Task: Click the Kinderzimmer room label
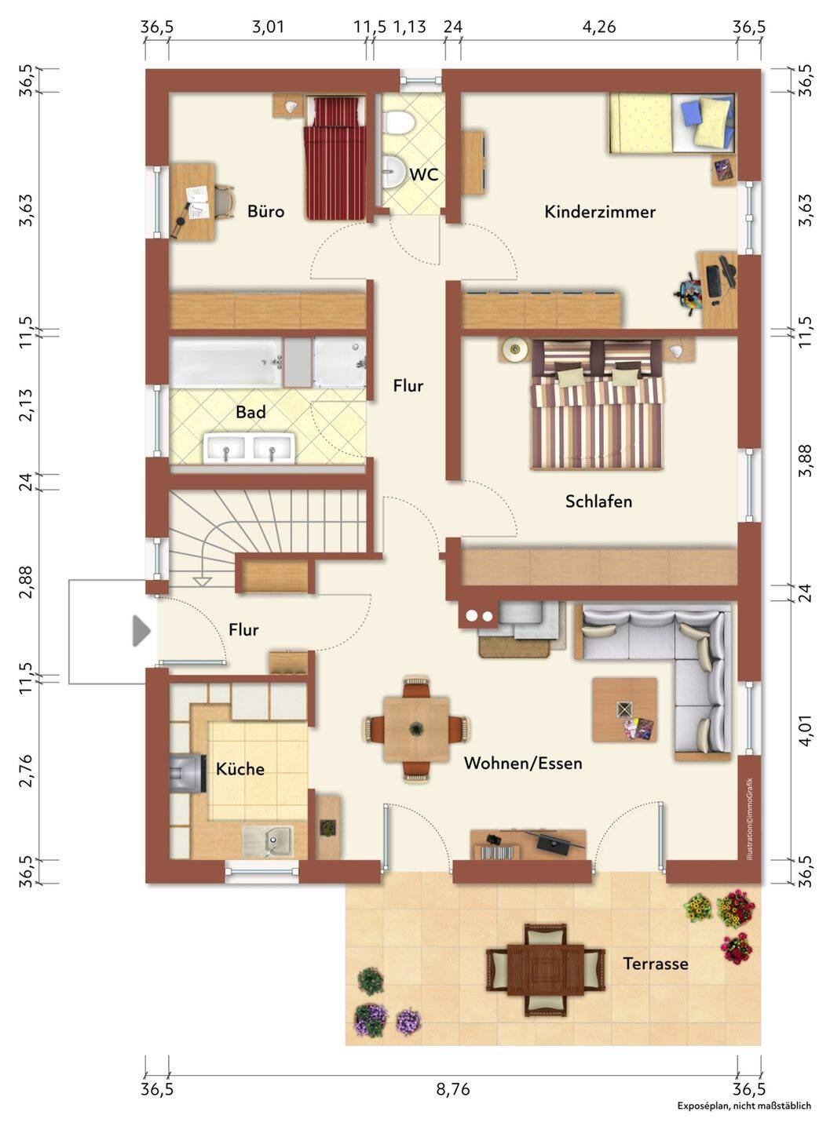599,211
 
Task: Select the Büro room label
265,211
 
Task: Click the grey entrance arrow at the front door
141,631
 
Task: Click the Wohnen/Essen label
522,764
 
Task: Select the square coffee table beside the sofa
624,709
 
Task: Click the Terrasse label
656,964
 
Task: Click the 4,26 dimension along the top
599,27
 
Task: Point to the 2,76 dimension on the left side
25,771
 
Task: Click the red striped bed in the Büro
335,158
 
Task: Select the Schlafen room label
598,501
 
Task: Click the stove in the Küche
188,773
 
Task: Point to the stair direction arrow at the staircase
202,581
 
